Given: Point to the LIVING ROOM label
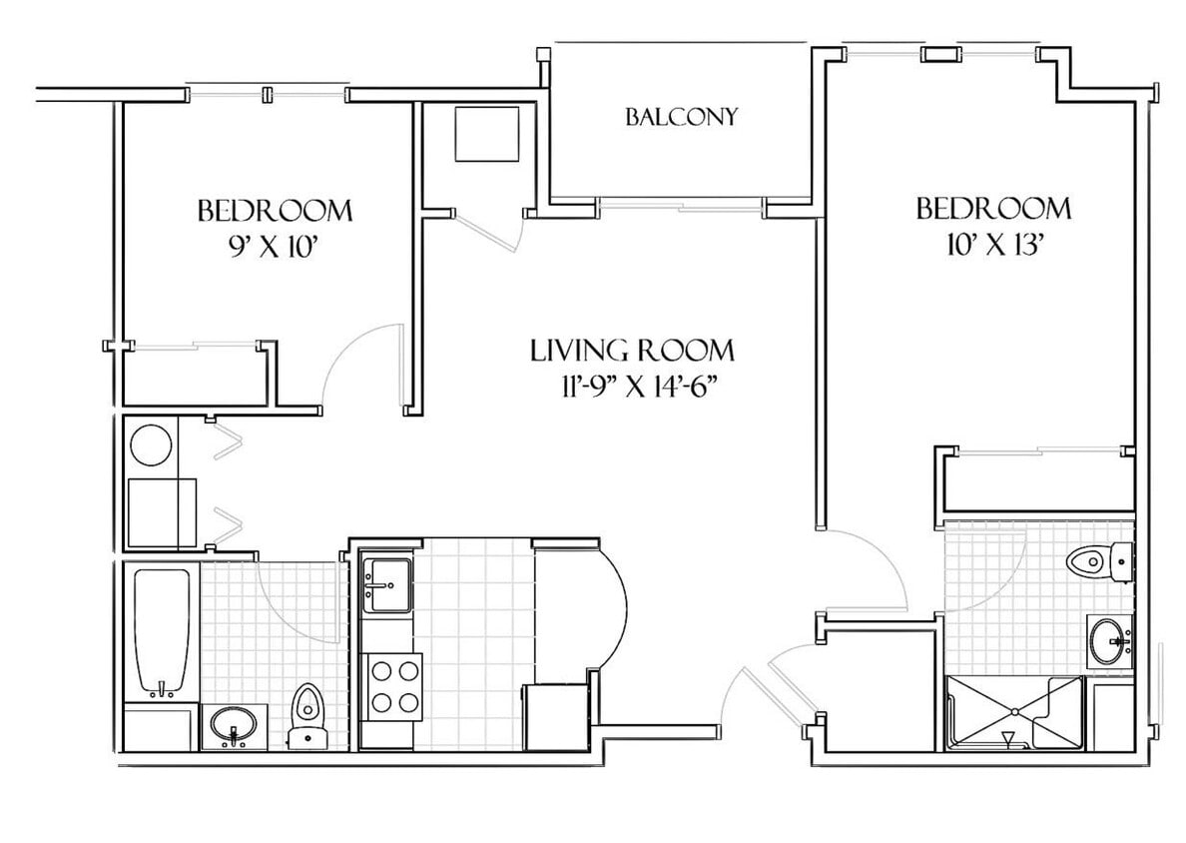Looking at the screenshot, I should (632, 351).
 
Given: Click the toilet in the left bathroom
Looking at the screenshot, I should (308, 715).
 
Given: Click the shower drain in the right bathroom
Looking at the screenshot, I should (1014, 711).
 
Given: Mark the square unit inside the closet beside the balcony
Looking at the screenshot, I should (486, 133).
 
